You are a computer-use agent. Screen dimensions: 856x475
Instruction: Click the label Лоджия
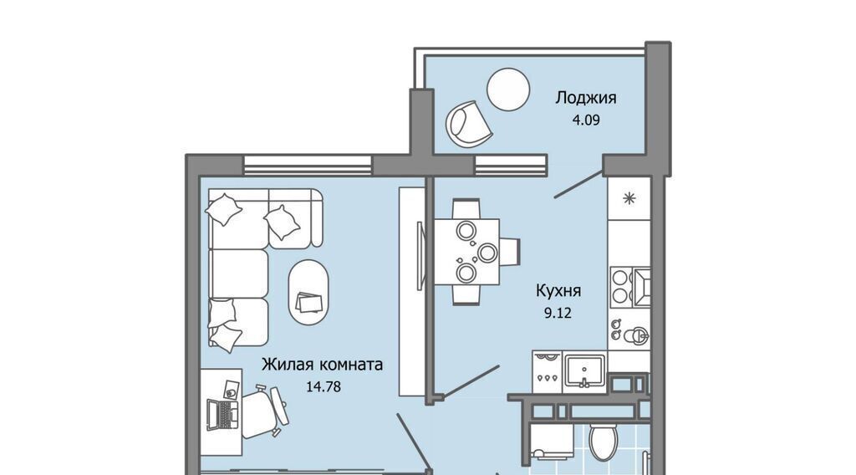click(586, 99)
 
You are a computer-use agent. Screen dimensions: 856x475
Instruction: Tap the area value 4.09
click(586, 120)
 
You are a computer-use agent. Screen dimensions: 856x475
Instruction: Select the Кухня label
click(558, 291)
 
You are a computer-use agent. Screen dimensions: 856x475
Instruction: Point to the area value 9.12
click(558, 313)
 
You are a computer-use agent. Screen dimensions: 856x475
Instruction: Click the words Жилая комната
click(322, 364)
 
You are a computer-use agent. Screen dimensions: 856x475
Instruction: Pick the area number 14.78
click(324, 387)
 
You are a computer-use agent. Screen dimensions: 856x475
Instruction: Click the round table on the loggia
click(508, 89)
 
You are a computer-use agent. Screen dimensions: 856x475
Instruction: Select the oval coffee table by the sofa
click(308, 293)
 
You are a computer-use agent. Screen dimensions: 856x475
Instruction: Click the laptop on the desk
click(222, 415)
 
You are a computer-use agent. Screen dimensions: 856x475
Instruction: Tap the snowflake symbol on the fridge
click(629, 198)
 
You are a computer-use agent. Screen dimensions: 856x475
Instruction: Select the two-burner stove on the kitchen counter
click(620, 287)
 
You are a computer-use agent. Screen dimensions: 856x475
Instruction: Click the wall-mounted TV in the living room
click(420, 256)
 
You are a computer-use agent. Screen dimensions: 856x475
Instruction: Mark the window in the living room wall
click(308, 165)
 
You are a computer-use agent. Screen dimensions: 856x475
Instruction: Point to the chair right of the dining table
click(510, 252)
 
